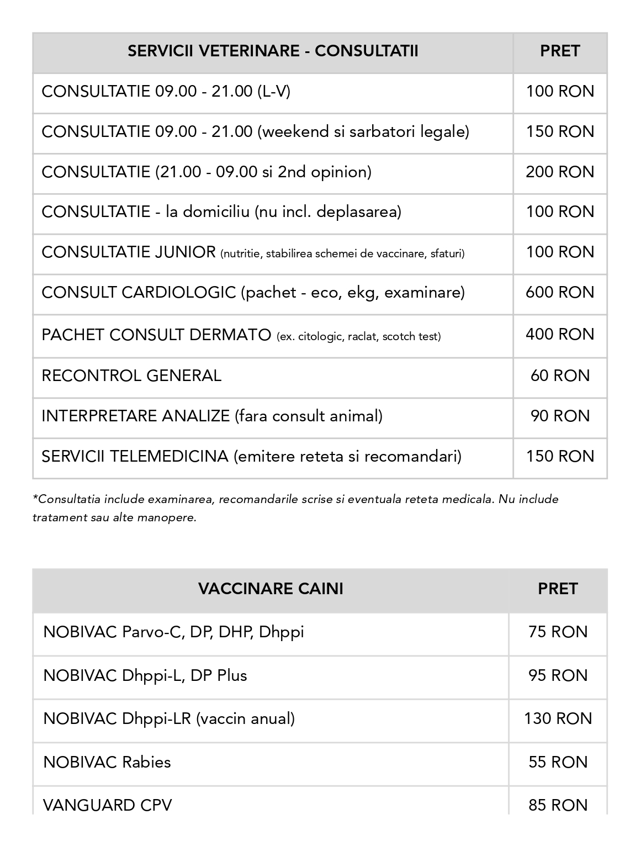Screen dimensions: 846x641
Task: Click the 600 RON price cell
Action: pos(560,293)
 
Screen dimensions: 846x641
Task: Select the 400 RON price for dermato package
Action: pos(560,335)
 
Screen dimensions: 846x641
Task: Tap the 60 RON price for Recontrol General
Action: pos(560,376)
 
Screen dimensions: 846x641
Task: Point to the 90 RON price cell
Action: pos(560,416)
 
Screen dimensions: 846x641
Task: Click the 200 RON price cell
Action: pos(560,172)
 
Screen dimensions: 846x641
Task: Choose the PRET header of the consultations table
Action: pos(560,51)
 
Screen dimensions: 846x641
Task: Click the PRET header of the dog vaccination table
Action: pos(558,589)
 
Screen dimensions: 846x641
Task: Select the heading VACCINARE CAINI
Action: pos(271,589)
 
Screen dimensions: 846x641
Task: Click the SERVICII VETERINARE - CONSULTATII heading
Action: pos(273,51)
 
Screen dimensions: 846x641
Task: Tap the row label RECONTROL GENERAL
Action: pos(131,376)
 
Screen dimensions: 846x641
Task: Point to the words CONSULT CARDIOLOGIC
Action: pos(139,293)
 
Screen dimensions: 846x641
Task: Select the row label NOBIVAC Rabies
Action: pos(107,763)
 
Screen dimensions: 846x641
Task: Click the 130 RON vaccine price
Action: pos(558,719)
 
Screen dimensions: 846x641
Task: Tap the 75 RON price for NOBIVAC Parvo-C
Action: pos(558,632)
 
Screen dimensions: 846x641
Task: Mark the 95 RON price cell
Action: pos(558,676)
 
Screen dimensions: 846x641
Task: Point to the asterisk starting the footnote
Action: pos(35,498)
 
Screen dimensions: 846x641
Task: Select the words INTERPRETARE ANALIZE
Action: pos(135,416)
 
